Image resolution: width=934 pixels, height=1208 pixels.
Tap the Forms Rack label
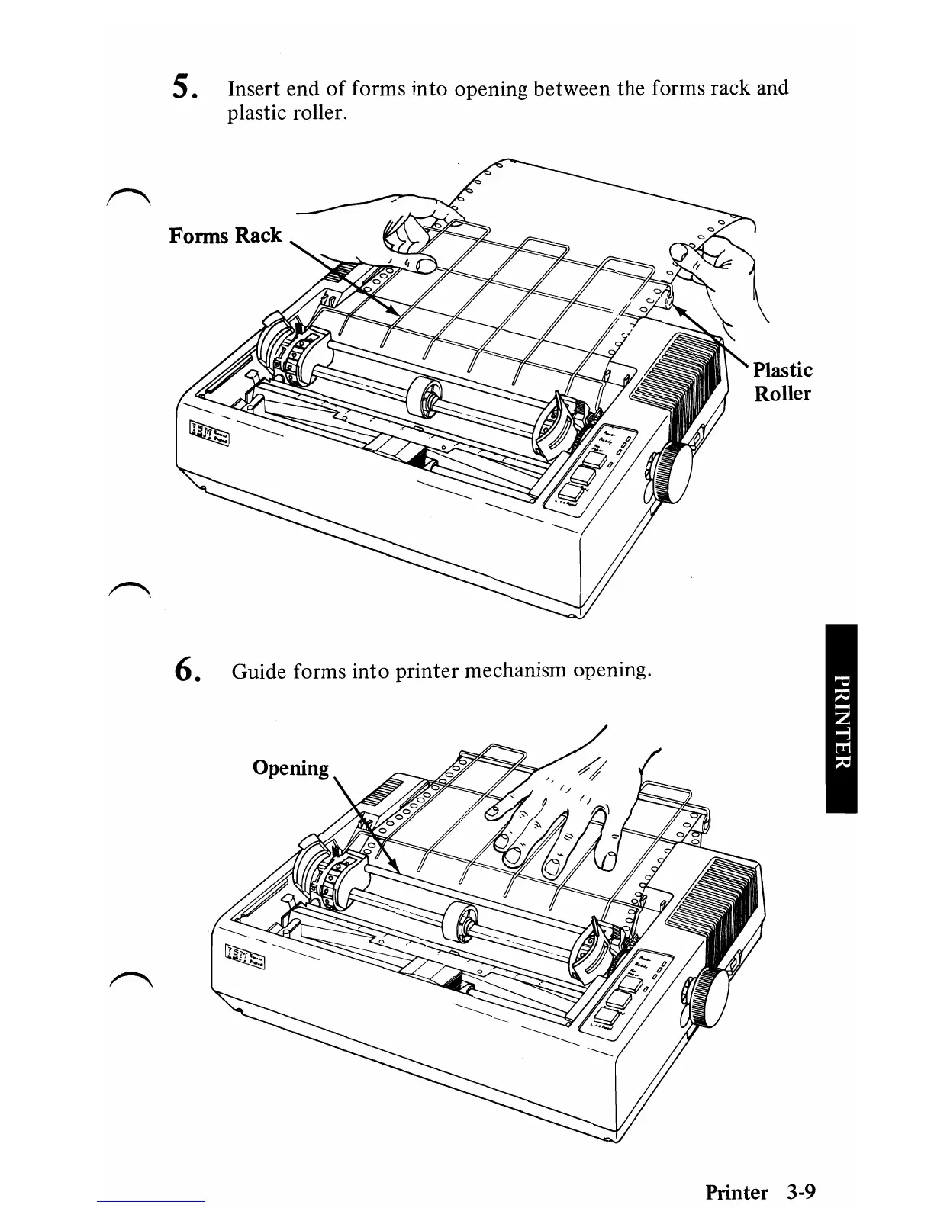pyautogui.click(x=225, y=235)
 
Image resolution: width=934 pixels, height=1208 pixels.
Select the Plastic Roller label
pyautogui.click(x=782, y=381)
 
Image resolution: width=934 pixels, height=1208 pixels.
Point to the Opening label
pyautogui.click(x=291, y=767)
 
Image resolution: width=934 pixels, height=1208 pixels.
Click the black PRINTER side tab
pyautogui.click(x=841, y=718)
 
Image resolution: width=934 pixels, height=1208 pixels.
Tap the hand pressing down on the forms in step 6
pyautogui.click(x=565, y=808)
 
